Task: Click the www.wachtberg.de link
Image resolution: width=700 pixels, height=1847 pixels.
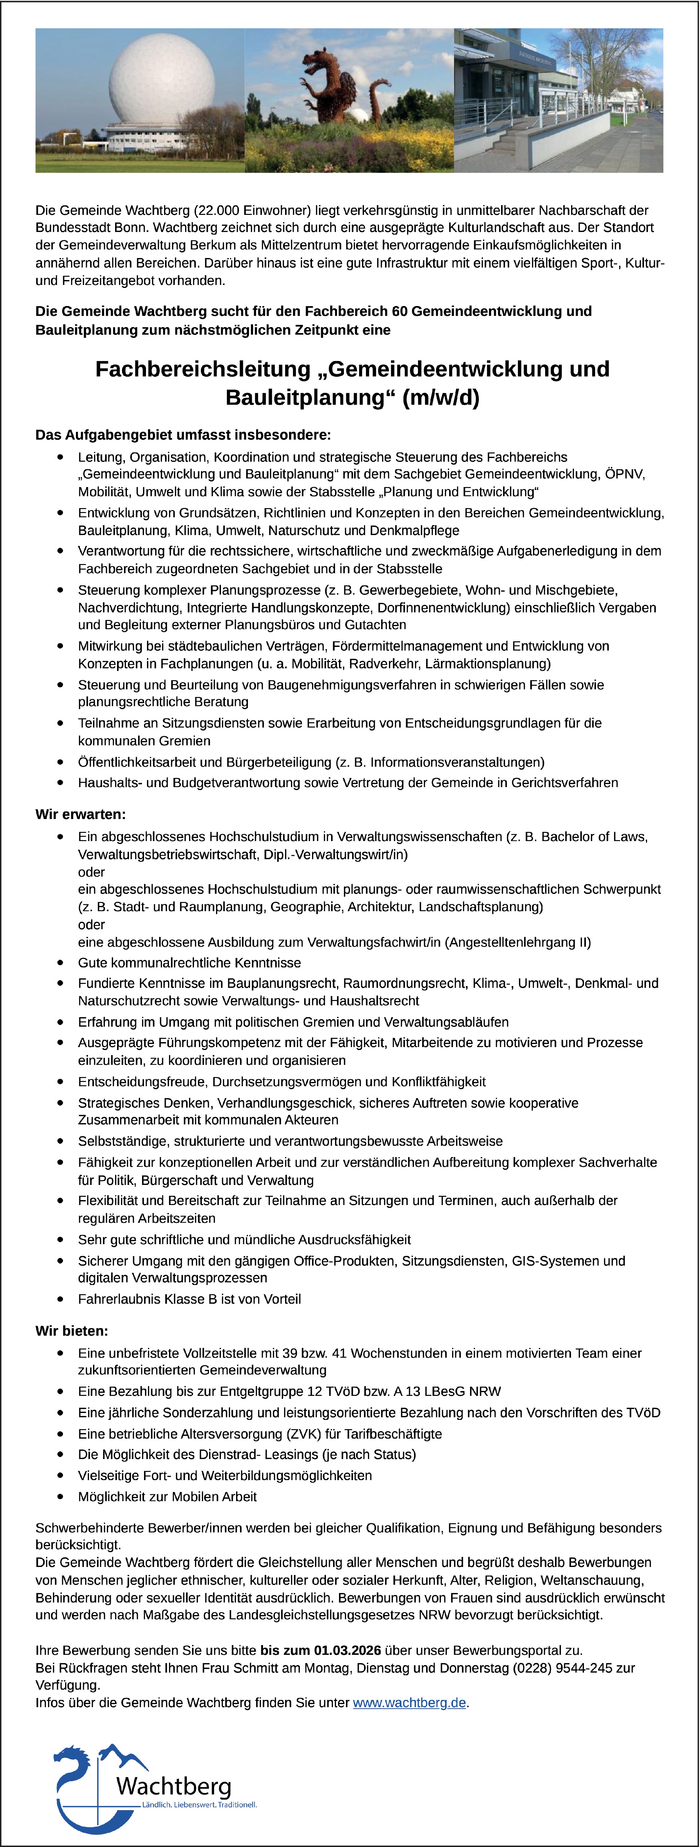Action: pyautogui.click(x=409, y=1702)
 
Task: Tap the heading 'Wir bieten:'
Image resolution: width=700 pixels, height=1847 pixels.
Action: pyautogui.click(x=72, y=1331)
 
